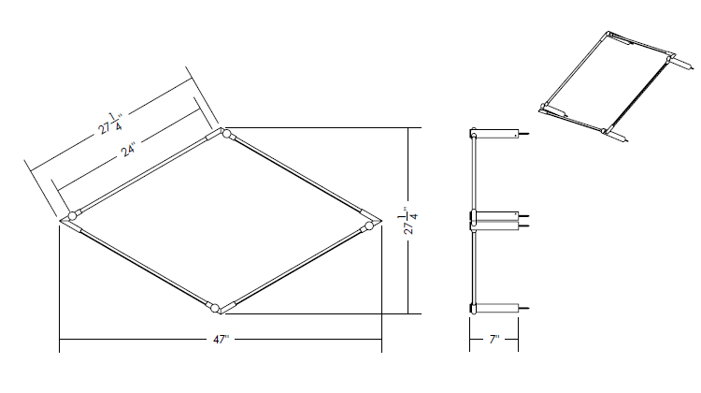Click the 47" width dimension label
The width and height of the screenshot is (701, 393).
coord(221,340)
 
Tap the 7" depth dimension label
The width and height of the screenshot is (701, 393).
coord(494,340)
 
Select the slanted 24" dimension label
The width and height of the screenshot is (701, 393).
coord(129,149)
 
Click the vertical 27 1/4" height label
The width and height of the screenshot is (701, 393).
coord(409,220)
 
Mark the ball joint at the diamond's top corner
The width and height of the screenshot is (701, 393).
coord(226,134)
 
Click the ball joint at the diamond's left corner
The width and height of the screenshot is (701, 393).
coord(72,216)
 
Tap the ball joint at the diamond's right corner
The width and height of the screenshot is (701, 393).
coord(369,226)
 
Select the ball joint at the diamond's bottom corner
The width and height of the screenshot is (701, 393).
coord(215,308)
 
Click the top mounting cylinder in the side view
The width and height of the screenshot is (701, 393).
coord(496,134)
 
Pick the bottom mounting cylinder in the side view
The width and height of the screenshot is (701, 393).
coord(496,308)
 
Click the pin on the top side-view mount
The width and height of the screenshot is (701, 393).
coord(524,134)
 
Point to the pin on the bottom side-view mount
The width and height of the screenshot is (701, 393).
coord(524,308)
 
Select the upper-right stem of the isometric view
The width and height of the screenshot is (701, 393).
coord(682,64)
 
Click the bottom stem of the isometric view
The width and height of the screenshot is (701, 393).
coord(618,136)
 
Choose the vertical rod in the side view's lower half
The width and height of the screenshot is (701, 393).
coord(474,268)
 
